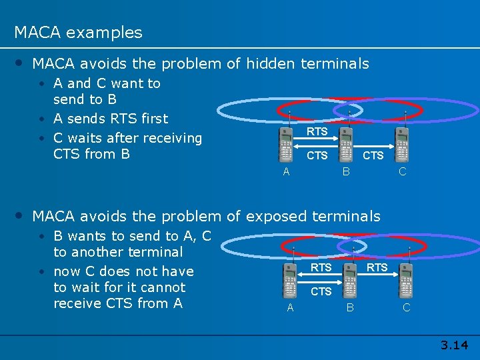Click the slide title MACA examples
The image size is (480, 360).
click(x=78, y=32)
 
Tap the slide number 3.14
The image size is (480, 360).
click(x=454, y=345)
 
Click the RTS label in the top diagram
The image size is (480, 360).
click(x=317, y=131)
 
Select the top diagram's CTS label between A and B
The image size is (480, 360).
click(x=317, y=156)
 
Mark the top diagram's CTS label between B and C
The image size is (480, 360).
click(x=373, y=155)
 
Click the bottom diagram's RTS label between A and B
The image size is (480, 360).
click(x=321, y=267)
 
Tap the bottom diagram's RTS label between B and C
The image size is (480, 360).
click(x=377, y=267)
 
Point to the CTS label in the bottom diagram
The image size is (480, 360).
click(x=321, y=291)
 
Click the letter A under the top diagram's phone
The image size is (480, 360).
click(x=286, y=171)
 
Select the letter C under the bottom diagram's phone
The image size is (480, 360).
click(x=406, y=307)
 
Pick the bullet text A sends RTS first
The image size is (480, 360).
click(x=111, y=119)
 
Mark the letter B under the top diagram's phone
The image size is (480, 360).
click(x=346, y=171)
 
